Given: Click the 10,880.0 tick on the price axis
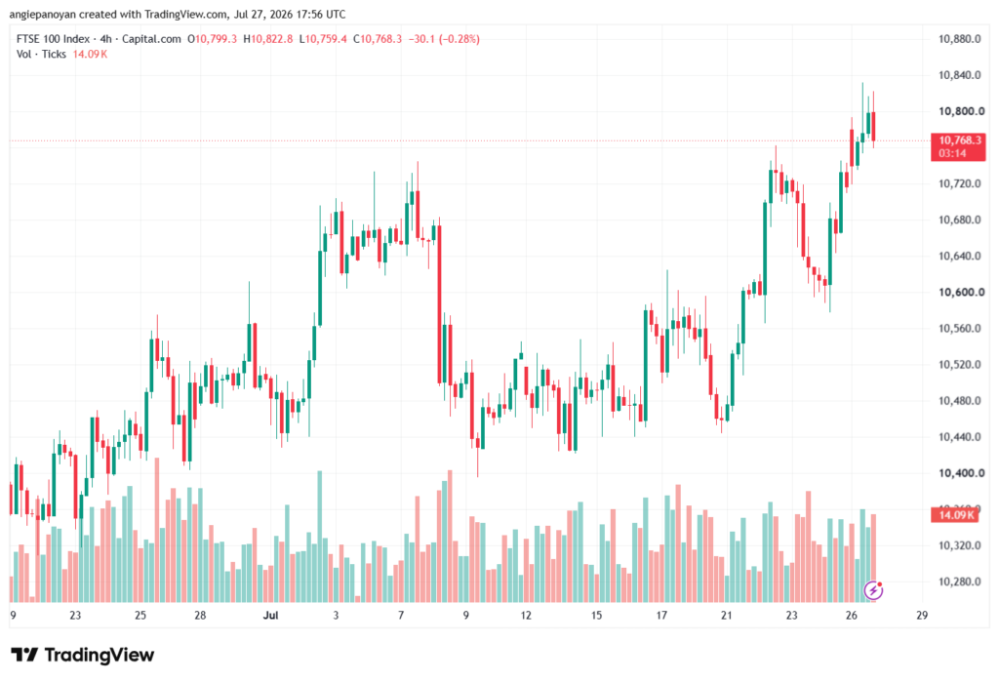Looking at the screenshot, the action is [960, 39].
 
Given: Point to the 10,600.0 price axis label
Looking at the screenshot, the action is [961, 292].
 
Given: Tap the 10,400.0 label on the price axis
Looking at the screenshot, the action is [961, 473].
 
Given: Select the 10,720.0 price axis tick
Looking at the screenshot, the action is [960, 183].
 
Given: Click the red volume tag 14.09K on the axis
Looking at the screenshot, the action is [954, 514].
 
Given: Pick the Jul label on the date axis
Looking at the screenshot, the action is [271, 615].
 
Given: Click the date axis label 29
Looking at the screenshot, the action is [922, 615].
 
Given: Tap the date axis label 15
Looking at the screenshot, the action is [596, 615].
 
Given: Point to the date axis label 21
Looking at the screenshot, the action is [726, 615].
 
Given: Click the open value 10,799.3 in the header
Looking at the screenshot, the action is [216, 39].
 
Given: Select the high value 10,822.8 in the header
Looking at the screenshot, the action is [272, 39].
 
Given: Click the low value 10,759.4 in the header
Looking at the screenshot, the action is [326, 39].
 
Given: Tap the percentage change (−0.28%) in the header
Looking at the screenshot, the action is [460, 39].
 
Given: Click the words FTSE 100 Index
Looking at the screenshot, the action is [53, 39].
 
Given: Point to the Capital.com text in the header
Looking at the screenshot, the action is [151, 39].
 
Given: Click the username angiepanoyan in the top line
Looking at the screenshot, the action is [42, 14].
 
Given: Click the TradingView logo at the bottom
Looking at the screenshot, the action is [83, 655].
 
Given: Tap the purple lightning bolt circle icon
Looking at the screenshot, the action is [873, 590].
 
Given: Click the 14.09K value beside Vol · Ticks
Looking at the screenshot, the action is [90, 55].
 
